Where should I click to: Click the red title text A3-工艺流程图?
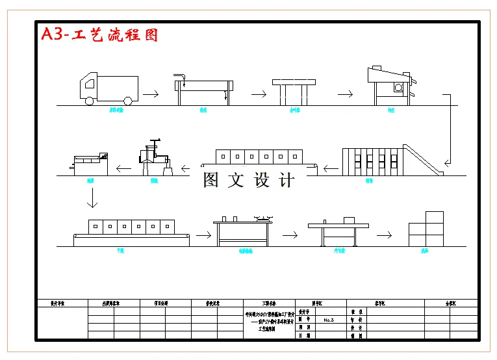click(99, 34)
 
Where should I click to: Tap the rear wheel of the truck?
click(127, 101)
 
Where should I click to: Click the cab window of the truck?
click(86, 84)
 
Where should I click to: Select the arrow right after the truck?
click(151, 94)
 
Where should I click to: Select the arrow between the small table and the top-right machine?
click(345, 94)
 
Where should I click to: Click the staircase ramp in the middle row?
click(423, 159)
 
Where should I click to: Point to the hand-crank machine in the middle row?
click(154, 158)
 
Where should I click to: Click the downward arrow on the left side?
click(92, 198)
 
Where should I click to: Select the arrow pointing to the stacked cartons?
click(384, 235)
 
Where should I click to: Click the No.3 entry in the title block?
click(328, 320)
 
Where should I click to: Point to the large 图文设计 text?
click(248, 180)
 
